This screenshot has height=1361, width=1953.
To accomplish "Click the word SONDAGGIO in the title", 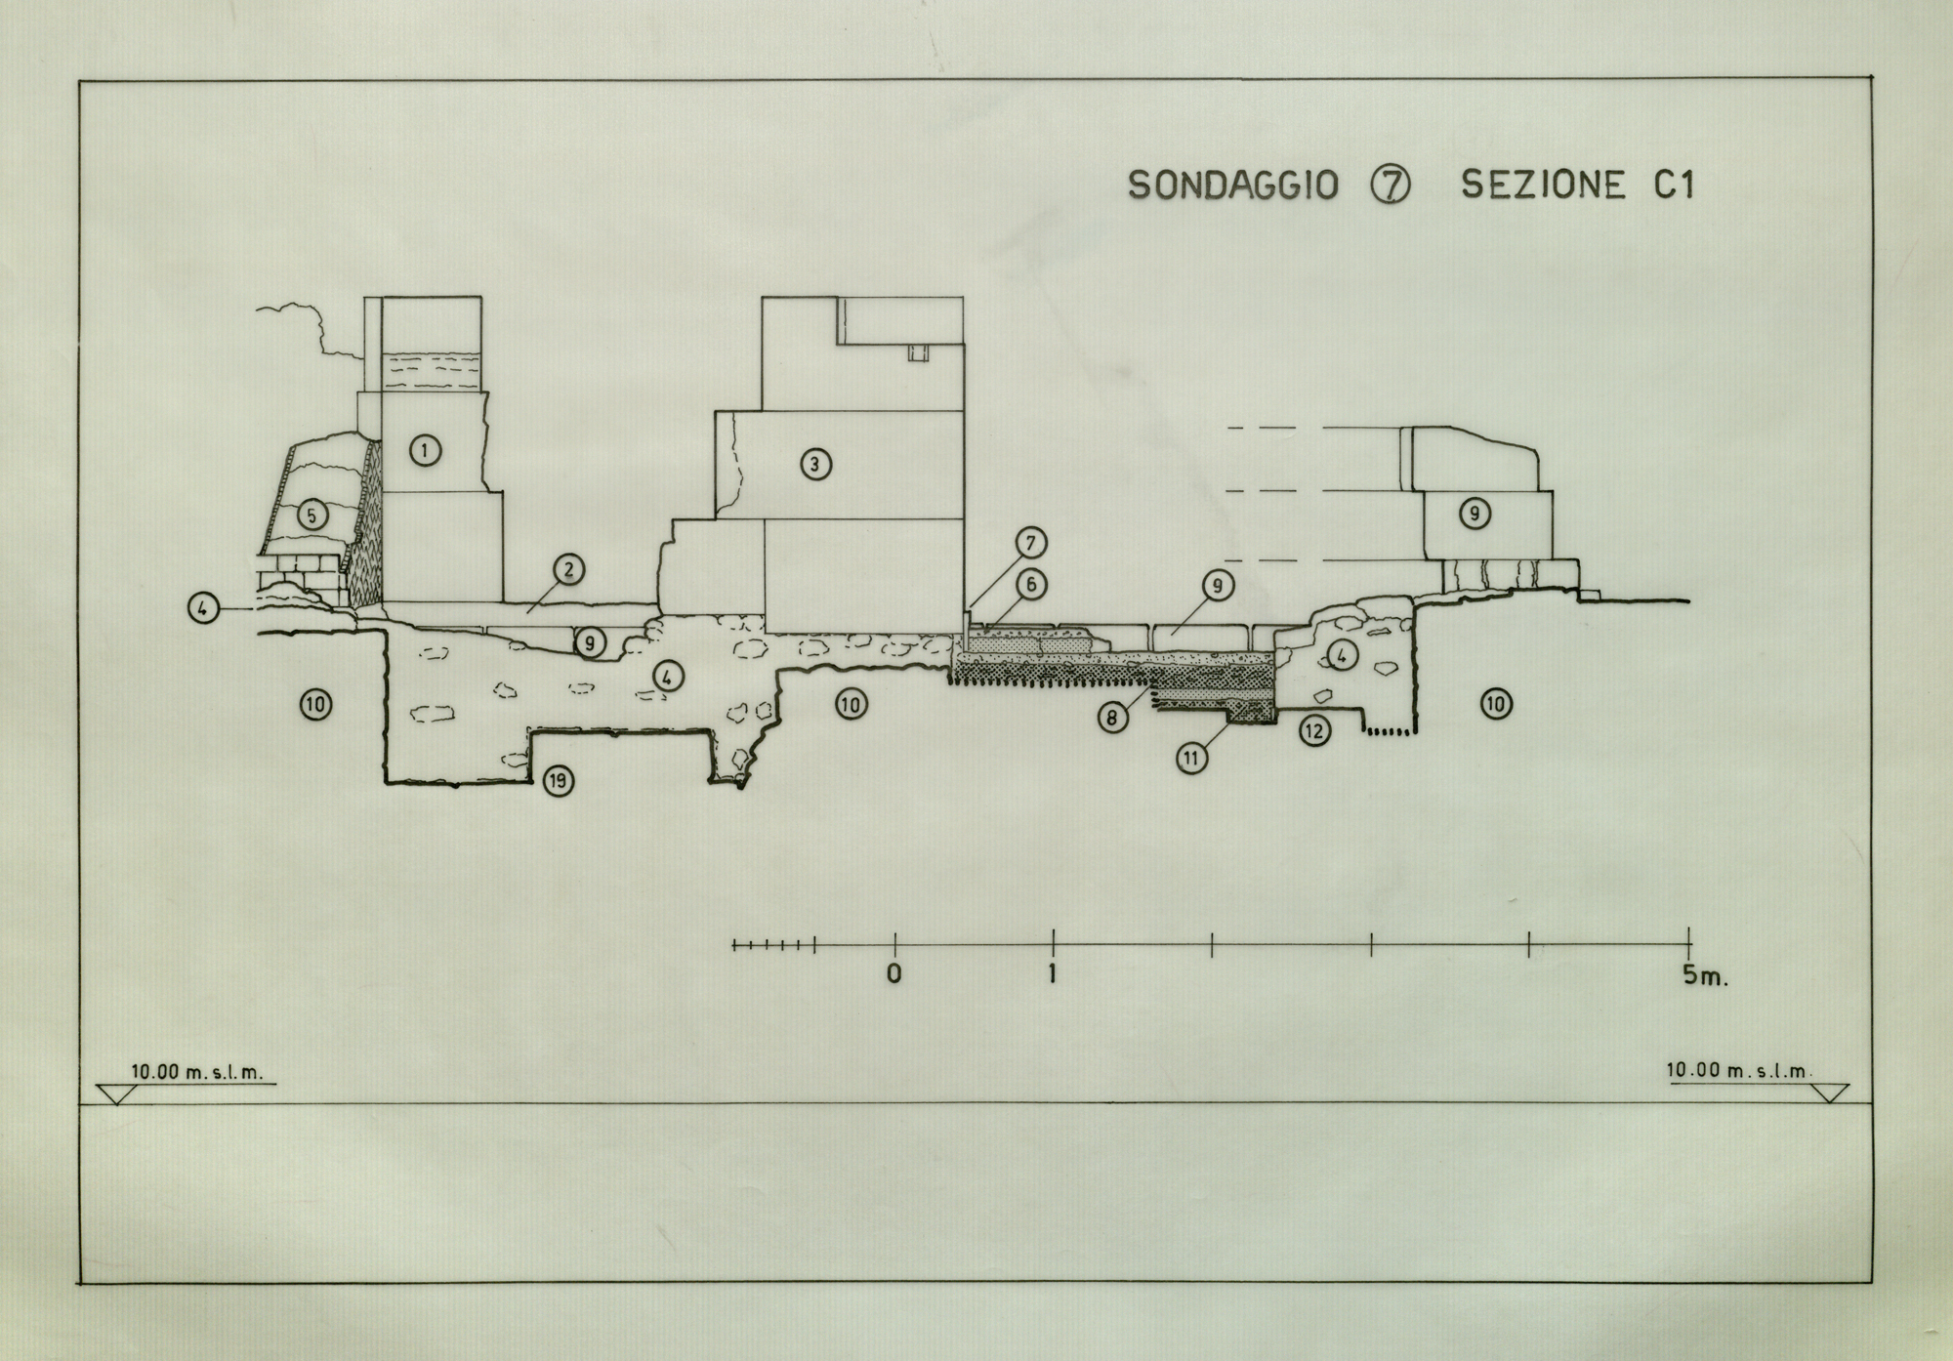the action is pyautogui.click(x=1232, y=185).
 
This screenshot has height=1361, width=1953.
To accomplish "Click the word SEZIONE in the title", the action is pyautogui.click(x=1543, y=185).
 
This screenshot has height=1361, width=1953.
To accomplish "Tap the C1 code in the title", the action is pyautogui.click(x=1674, y=185).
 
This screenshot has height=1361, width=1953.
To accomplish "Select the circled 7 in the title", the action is pyautogui.click(x=1391, y=185).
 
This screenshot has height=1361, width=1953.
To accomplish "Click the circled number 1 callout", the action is pyautogui.click(x=425, y=450).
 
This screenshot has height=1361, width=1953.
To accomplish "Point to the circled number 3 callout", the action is pyautogui.click(x=815, y=464).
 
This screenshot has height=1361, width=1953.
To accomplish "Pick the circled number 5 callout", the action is pyautogui.click(x=312, y=515).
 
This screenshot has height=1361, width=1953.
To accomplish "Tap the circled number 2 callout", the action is pyautogui.click(x=568, y=569).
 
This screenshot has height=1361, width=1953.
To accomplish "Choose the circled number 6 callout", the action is pyautogui.click(x=1030, y=584).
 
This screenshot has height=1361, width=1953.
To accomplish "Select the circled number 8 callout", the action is pyautogui.click(x=1112, y=718).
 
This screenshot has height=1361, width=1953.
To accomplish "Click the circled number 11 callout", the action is pyautogui.click(x=1192, y=757).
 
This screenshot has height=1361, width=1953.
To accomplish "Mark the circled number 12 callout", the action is pyautogui.click(x=1315, y=729).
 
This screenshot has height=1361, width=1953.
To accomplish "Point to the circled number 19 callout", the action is pyautogui.click(x=559, y=780).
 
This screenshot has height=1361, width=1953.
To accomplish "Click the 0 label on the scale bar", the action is pyautogui.click(x=894, y=973).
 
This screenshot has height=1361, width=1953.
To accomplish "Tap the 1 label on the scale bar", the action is pyautogui.click(x=1053, y=973).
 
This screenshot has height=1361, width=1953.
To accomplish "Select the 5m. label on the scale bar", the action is pyautogui.click(x=1705, y=975).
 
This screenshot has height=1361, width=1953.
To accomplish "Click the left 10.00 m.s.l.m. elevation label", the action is pyautogui.click(x=197, y=1071).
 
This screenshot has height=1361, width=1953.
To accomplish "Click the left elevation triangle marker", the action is pyautogui.click(x=115, y=1093).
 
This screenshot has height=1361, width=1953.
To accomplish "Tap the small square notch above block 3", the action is pyautogui.click(x=916, y=352).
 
